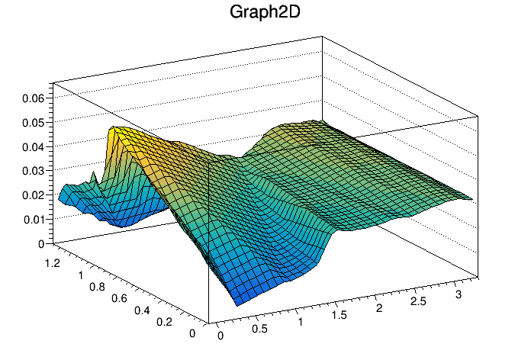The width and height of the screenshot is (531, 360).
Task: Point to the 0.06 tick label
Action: pyautogui.click(x=35, y=98)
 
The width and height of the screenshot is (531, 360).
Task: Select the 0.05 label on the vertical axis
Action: pyautogui.click(x=35, y=122)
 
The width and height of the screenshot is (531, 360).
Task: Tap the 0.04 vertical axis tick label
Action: pyautogui.click(x=35, y=146)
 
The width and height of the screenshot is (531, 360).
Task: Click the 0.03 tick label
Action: pyautogui.click(x=35, y=171)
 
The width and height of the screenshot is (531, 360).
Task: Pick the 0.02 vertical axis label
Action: pyautogui.click(x=35, y=195)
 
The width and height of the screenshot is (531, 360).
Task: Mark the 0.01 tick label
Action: pyautogui.click(x=35, y=220)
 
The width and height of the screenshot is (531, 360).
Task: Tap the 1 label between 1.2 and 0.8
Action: pyautogui.click(x=81, y=274)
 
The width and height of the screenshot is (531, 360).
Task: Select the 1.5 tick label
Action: pyautogui.click(x=340, y=314)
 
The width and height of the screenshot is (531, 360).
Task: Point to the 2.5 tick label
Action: pyautogui.click(x=419, y=301)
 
